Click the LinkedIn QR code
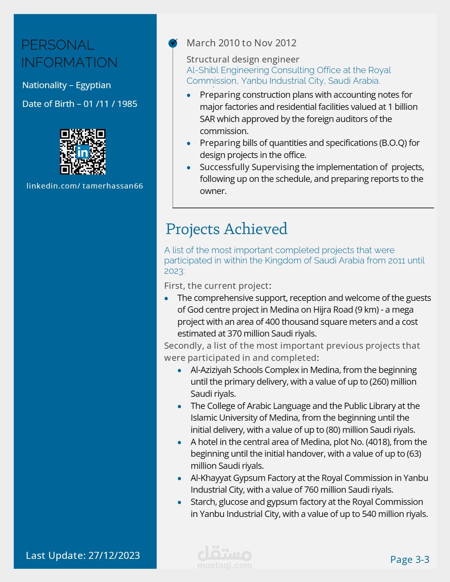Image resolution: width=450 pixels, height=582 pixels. click(83, 151)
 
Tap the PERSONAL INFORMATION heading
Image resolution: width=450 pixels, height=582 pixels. click(69, 54)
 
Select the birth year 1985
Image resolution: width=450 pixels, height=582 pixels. click(127, 104)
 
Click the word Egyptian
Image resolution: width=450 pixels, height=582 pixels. click(93, 85)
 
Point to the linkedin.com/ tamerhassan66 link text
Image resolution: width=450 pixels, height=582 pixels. click(85, 186)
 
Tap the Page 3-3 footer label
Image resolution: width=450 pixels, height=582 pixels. click(410, 559)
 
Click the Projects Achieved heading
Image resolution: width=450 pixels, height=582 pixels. click(226, 229)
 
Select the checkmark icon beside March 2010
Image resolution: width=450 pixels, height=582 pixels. click(173, 43)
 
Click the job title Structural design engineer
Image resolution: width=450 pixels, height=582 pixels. click(243, 60)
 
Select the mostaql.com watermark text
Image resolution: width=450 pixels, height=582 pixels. click(225, 565)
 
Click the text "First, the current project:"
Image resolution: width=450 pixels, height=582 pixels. click(218, 286)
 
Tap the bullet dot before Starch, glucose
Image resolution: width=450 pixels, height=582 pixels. click(179, 502)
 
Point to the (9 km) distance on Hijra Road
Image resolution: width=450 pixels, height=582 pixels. click(366, 310)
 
